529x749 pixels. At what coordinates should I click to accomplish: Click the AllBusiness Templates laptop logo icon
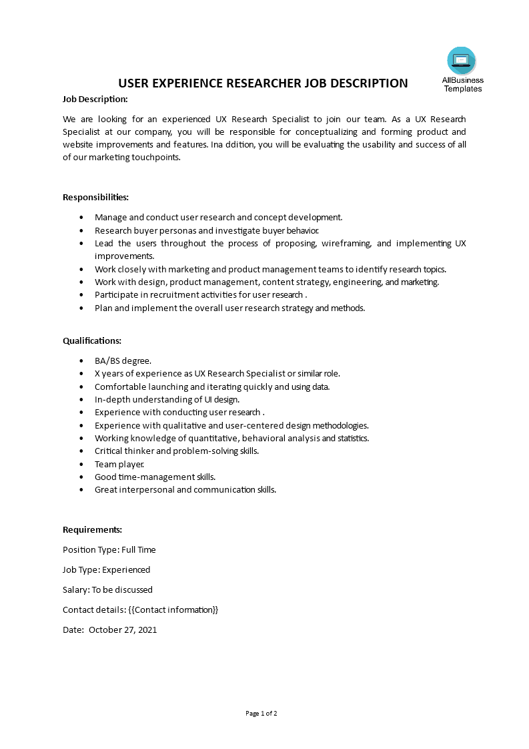462,61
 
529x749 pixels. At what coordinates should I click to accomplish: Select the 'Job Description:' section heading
95,99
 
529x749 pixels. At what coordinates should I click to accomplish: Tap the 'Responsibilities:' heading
95,198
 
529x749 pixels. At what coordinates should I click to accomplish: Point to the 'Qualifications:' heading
92,340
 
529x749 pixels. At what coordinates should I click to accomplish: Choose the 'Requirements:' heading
92,530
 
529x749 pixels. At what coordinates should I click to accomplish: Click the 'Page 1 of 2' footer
261,714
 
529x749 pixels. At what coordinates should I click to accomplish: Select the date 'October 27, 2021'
123,630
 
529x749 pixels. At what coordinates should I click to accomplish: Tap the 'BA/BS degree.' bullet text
123,361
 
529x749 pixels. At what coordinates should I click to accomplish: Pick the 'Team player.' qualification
119,464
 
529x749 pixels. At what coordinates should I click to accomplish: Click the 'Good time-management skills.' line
155,477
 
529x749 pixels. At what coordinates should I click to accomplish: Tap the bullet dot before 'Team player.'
81,464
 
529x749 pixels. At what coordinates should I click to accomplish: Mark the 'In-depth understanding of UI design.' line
167,400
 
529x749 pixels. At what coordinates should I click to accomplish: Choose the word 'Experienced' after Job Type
126,570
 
